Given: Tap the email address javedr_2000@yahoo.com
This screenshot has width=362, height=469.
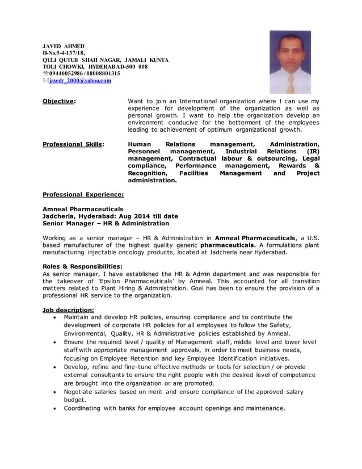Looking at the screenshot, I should coord(80,81).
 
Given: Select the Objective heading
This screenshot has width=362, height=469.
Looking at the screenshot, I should coord(59,101).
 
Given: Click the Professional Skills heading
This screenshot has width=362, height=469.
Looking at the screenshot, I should coord(73,144).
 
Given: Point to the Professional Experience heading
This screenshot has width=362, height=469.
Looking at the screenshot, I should coord(83,194).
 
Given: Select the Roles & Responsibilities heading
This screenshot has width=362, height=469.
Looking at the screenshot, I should coord(82,266).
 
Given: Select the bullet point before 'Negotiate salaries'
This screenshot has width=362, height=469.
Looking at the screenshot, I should coord(54,392).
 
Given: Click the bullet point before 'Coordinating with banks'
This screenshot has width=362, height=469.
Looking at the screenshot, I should coord(54,408).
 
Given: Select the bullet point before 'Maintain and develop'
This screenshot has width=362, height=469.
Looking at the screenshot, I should coord(54,317).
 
